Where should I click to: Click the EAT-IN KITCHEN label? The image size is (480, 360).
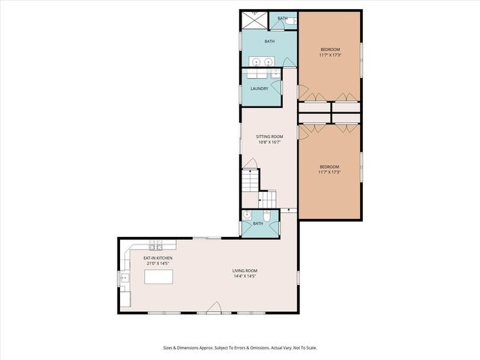[x=158, y=258]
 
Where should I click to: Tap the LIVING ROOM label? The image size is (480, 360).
[x=244, y=271]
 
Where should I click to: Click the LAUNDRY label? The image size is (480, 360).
[x=259, y=88]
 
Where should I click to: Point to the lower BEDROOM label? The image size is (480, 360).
[x=329, y=166]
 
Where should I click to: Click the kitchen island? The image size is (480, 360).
[x=158, y=277]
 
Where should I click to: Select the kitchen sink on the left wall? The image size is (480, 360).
[x=124, y=278]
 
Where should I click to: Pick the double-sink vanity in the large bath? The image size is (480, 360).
[x=262, y=61]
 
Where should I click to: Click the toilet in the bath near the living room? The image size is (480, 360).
[x=268, y=215]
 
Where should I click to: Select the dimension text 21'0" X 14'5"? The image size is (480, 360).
[x=158, y=264]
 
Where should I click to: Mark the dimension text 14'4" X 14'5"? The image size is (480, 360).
[x=244, y=276]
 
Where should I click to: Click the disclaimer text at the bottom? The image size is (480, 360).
[x=240, y=347]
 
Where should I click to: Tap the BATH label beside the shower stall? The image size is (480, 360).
[x=283, y=18]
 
